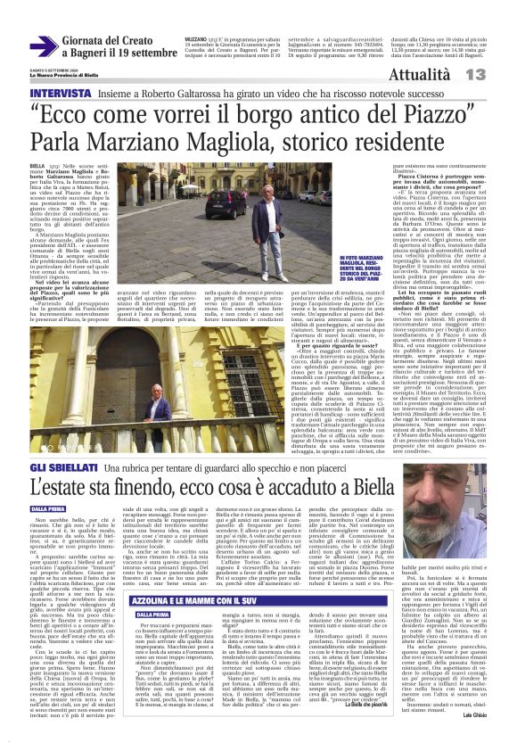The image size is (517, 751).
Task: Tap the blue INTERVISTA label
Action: coord(59,92)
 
